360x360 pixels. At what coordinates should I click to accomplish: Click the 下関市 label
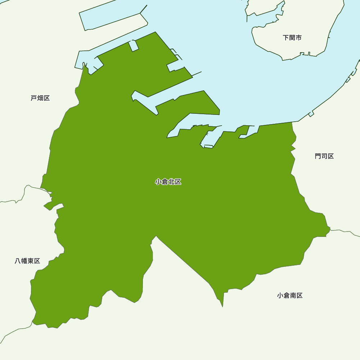(292, 37)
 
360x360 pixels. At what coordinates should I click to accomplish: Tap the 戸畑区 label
(40, 98)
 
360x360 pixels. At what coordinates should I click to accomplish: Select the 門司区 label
(324, 156)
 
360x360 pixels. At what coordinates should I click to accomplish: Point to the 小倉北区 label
(168, 182)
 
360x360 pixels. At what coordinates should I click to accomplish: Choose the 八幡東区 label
(27, 261)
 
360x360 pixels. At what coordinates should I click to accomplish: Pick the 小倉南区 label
(290, 296)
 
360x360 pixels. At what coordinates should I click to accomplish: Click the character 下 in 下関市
(286, 37)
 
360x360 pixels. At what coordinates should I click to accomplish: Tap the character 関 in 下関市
(292, 37)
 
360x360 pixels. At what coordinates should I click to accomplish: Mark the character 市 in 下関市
(298, 37)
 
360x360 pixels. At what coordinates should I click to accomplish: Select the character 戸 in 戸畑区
(34, 98)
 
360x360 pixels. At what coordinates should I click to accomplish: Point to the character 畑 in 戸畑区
(40, 98)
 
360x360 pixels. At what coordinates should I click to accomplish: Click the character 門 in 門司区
(318, 156)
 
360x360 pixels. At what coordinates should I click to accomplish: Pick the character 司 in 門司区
(324, 156)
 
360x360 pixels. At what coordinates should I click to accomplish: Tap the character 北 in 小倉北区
(171, 182)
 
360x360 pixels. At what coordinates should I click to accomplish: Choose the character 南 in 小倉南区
(293, 296)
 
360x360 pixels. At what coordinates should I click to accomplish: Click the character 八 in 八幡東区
(18, 261)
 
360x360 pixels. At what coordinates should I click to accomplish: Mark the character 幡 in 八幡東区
(24, 261)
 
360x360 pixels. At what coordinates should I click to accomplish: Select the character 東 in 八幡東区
(31, 261)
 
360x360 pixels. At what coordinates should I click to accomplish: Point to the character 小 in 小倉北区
(158, 182)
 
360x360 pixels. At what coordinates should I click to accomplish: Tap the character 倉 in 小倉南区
(287, 296)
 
